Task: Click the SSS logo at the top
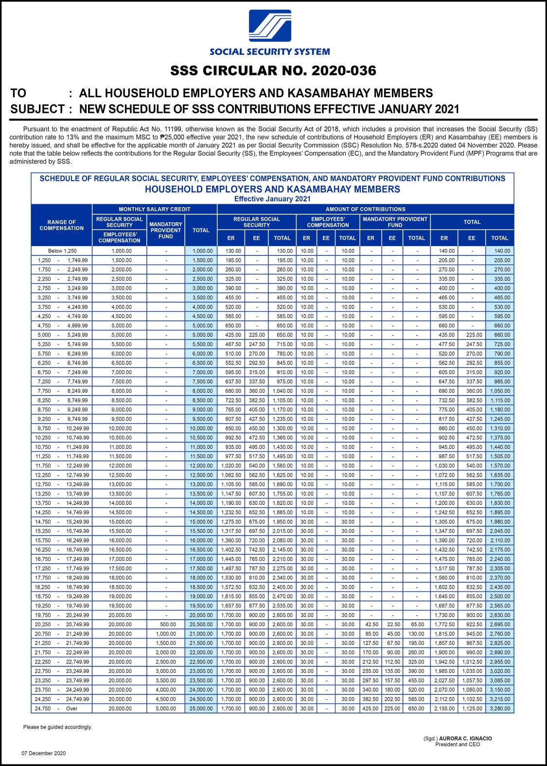[270, 26]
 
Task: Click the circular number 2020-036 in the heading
[343, 71]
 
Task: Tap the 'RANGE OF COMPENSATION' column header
[62, 225]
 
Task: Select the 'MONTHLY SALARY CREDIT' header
[155, 209]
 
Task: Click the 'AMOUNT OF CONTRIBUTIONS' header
[365, 209]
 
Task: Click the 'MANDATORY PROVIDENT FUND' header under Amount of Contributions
[395, 222]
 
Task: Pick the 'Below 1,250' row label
[62, 251]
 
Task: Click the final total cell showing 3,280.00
[500, 709]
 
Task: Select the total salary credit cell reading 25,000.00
[201, 709]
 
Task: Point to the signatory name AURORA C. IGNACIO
[465, 738]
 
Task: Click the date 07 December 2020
[43, 753]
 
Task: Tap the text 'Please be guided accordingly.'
[57, 727]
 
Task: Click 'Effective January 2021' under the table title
[272, 199]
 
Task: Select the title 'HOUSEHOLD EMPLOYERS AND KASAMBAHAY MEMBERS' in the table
[272, 189]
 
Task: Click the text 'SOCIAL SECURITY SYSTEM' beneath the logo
[269, 52]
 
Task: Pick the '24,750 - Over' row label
[56, 709]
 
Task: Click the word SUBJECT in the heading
[37, 109]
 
